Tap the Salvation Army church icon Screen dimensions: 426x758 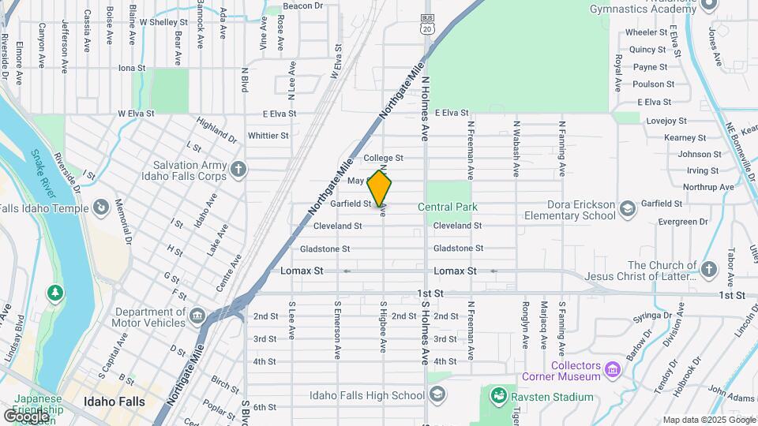point(238,169)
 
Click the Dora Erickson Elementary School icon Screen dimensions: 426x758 point(628,208)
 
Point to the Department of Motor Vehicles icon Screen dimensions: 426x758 point(197,316)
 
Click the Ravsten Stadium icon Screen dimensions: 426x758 point(498,394)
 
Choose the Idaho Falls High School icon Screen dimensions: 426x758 point(439,394)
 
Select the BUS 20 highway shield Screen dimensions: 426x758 point(428,23)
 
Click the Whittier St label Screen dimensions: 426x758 point(268,136)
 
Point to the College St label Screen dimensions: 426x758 point(383,158)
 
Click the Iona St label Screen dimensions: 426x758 point(132,68)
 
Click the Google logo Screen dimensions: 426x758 point(25,416)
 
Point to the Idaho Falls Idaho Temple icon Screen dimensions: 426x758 point(100,207)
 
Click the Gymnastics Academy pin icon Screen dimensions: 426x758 point(708,4)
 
